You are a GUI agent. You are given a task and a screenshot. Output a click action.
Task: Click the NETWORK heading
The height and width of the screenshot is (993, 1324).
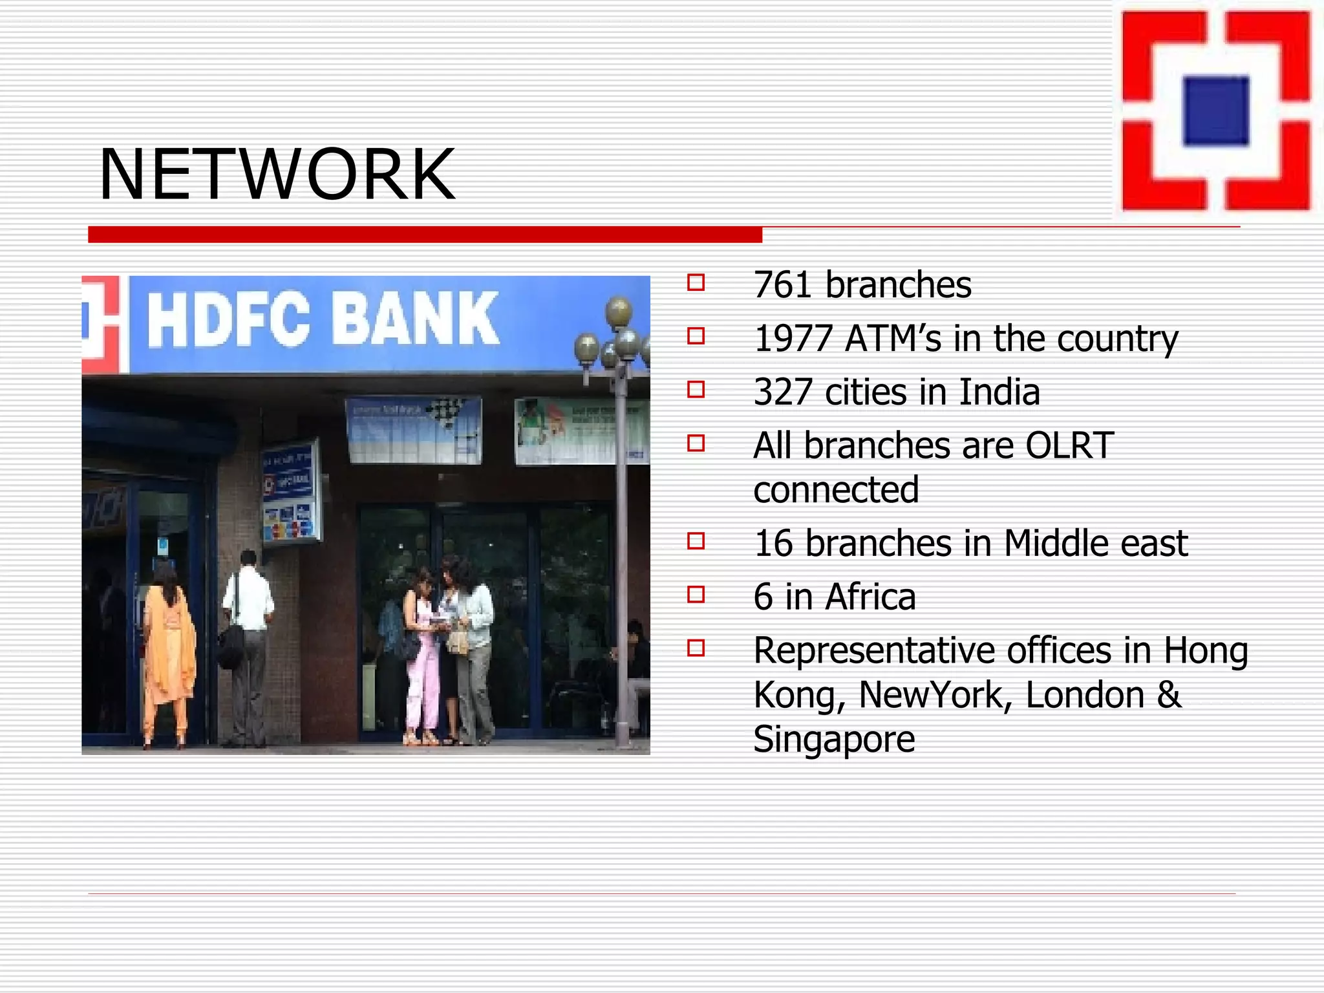tap(277, 175)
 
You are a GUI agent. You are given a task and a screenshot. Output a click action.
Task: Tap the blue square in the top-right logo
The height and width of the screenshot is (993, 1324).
tap(1216, 111)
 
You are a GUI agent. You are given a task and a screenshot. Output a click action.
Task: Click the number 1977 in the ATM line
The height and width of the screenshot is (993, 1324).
tap(793, 339)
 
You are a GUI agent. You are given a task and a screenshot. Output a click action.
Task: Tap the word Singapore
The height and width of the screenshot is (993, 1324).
tap(834, 740)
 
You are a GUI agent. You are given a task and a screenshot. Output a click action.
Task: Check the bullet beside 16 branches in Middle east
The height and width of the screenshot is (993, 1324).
tap(696, 540)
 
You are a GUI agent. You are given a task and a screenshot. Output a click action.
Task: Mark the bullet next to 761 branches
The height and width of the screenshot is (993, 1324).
tap(696, 283)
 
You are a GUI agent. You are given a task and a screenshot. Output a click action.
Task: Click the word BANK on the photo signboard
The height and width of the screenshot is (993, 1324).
tap(415, 319)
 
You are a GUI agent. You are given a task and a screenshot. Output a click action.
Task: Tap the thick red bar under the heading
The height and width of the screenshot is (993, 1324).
tap(425, 235)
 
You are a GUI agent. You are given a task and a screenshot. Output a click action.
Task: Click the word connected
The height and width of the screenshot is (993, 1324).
tap(835, 490)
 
